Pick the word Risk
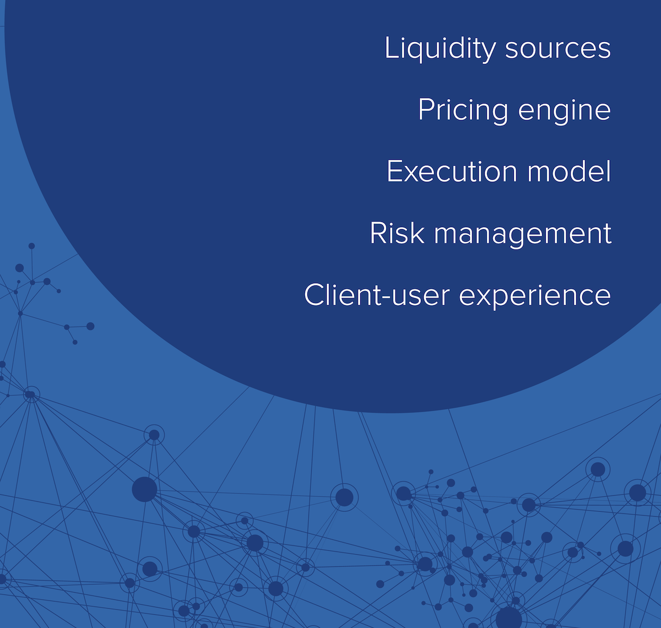tap(397, 233)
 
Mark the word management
tap(523, 234)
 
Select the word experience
tap(535, 296)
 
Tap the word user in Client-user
tap(418, 296)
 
